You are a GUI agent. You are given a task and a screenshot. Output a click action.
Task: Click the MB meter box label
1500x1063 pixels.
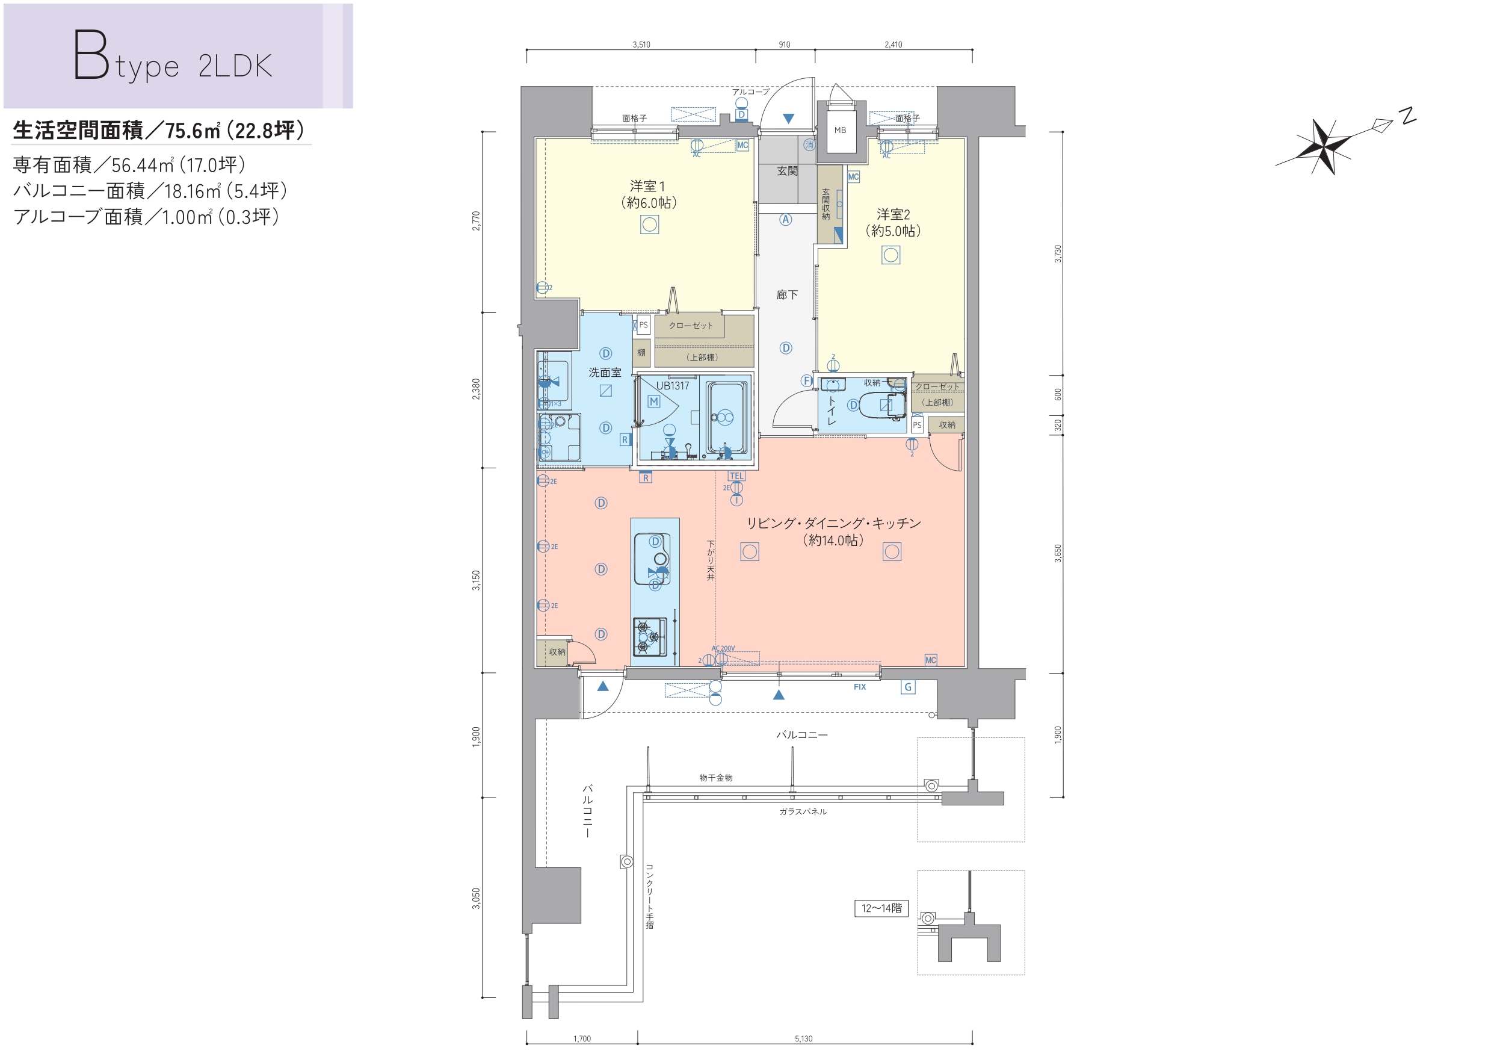pyautogui.click(x=839, y=130)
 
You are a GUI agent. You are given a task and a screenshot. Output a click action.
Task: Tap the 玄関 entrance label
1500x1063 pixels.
pyautogui.click(x=787, y=171)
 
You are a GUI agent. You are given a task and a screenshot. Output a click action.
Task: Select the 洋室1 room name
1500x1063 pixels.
pyautogui.click(x=647, y=187)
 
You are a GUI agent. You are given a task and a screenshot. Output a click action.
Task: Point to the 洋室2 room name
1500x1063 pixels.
pyautogui.click(x=893, y=214)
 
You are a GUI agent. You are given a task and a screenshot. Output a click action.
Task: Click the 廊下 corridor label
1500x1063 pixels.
pyautogui.click(x=786, y=295)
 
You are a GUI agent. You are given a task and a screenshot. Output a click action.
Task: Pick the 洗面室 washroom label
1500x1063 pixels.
pyautogui.click(x=605, y=373)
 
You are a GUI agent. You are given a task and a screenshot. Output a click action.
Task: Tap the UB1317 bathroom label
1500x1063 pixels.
pyautogui.click(x=673, y=386)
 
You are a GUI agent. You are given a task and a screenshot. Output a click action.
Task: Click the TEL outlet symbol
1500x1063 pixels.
pyautogui.click(x=736, y=477)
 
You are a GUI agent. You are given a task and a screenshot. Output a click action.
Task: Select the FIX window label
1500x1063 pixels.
pyautogui.click(x=860, y=687)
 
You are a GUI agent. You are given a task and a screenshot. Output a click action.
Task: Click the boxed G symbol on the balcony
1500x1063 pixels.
pyautogui.click(x=907, y=687)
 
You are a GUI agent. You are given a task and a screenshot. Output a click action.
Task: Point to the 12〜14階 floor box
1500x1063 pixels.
pyautogui.click(x=881, y=908)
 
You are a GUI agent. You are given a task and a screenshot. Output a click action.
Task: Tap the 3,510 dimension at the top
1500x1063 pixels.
pyautogui.click(x=641, y=45)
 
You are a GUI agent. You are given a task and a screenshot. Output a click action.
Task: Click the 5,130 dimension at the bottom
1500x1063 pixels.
pyautogui.click(x=803, y=1038)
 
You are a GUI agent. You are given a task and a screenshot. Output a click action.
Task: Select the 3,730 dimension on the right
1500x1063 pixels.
pyautogui.click(x=1058, y=254)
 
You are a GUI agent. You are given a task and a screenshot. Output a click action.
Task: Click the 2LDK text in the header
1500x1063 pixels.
pyautogui.click(x=235, y=66)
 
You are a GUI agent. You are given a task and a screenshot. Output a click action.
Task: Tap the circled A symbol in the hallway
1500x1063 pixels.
pyautogui.click(x=786, y=220)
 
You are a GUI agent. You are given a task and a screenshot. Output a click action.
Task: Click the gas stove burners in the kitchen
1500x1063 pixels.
pyautogui.click(x=649, y=636)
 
